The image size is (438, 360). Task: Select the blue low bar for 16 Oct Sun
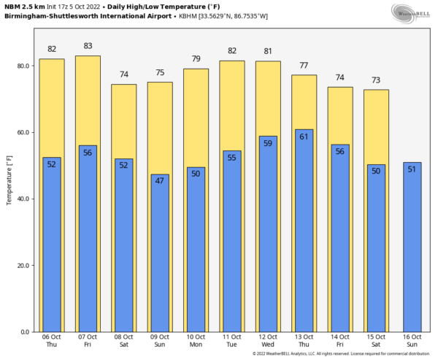click(x=412, y=248)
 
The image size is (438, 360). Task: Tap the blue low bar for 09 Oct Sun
click(x=160, y=256)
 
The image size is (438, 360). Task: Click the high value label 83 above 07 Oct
click(x=88, y=46)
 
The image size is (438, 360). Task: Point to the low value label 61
click(x=304, y=136)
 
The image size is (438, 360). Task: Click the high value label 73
click(x=376, y=80)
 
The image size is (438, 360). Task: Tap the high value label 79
click(x=196, y=59)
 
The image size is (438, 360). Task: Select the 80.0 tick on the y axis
click(x=23, y=66)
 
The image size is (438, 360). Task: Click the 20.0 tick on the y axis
click(x=23, y=265)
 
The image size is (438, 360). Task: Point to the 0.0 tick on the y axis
click(x=26, y=332)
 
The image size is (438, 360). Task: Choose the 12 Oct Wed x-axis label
click(x=268, y=340)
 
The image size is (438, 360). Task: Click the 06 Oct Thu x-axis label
click(x=52, y=340)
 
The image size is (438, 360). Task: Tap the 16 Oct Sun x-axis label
click(x=412, y=340)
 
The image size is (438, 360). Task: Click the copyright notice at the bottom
click(x=342, y=354)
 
